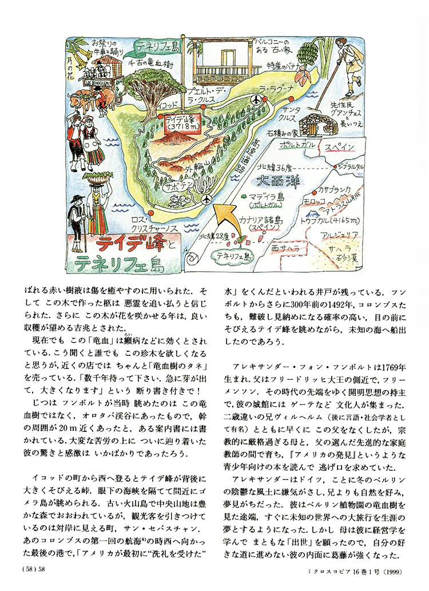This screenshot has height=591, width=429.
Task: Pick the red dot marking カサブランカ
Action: (313, 195)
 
